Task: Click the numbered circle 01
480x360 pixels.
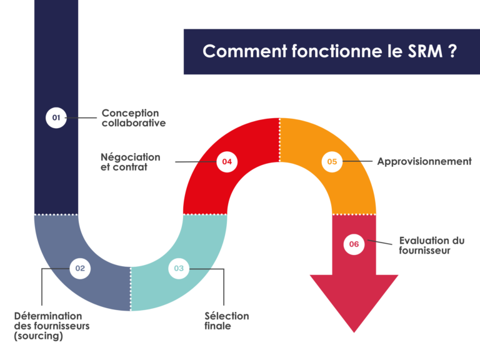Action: [56, 117]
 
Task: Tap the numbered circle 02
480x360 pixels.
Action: [80, 269]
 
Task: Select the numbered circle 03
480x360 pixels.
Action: [179, 269]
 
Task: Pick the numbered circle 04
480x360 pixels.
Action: [227, 162]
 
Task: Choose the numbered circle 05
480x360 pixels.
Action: [332, 162]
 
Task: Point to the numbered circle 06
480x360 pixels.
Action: [354, 244]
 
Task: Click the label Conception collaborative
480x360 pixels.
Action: [134, 118]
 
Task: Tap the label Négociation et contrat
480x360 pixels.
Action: [131, 162]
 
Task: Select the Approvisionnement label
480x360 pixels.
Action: [424, 161]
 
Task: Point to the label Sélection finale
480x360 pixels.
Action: [226, 321]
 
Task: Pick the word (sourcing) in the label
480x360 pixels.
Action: [38, 336]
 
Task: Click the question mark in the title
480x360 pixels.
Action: [452, 51]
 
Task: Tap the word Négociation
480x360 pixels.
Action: [131, 157]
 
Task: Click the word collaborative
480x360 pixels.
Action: [134, 123]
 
